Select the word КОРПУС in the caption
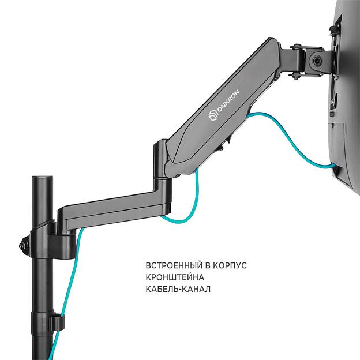[230, 266]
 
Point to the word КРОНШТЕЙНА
[173, 277]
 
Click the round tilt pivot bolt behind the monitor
[316, 60]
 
